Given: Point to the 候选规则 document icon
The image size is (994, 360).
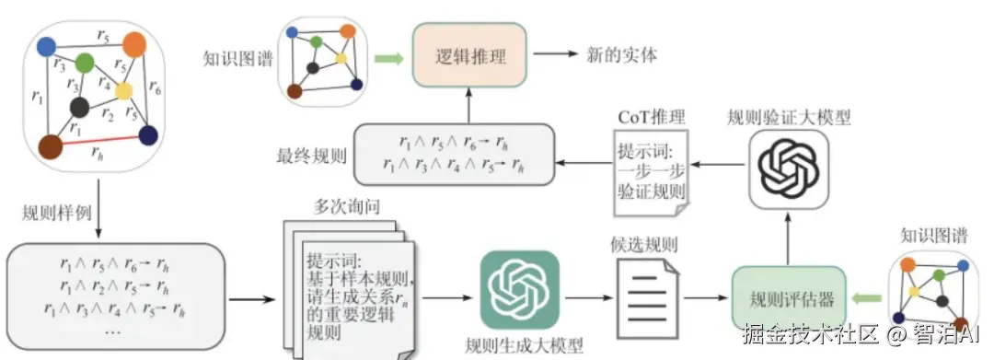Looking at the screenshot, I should [x=648, y=296].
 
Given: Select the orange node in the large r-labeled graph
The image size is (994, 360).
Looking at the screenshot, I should [x=134, y=43].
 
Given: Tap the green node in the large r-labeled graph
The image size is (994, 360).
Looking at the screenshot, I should [x=85, y=64].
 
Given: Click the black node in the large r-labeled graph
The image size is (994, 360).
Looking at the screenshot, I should [x=79, y=108].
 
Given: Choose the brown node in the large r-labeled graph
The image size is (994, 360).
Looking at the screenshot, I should [x=51, y=145].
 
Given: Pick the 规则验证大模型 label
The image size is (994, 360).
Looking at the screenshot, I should [x=788, y=117].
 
